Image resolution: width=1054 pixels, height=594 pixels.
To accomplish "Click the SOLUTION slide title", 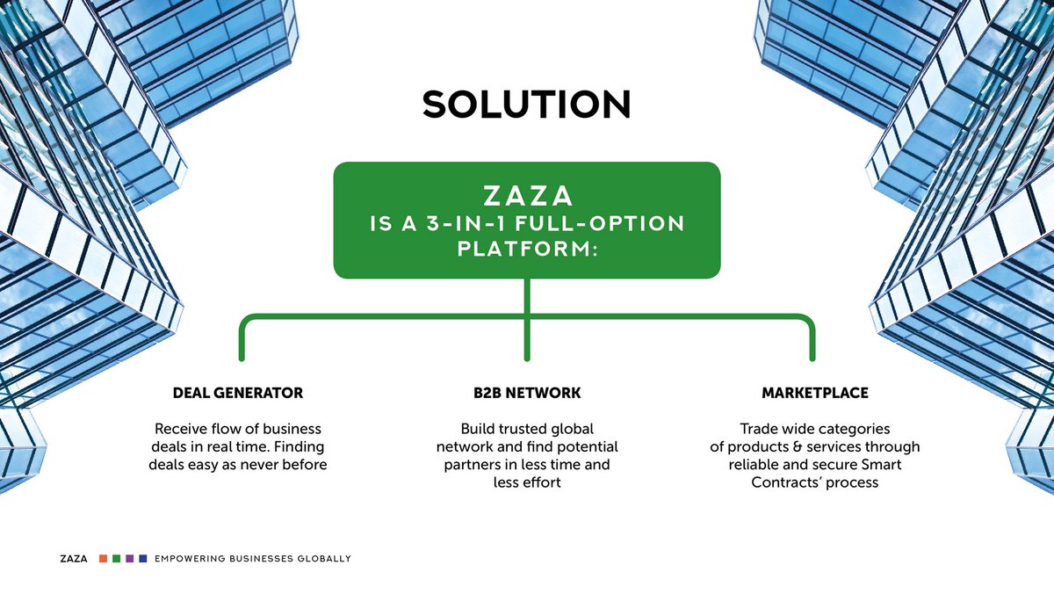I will coord(526,105).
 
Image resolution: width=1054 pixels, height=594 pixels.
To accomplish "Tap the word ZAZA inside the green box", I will coord(526,195).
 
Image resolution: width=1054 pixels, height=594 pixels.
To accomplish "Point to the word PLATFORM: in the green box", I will coord(526,250).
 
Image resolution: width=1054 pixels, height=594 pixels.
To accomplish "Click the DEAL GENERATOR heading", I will coord(238,393).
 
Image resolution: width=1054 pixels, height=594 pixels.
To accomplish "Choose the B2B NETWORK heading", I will coord(526,393).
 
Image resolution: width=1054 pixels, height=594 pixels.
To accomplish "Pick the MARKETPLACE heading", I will coord(815,393).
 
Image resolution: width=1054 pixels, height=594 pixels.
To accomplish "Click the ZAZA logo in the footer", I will coord(74,559).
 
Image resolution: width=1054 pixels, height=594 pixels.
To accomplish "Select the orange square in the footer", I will coord(104,559).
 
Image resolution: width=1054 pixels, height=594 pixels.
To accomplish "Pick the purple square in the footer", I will coord(129,559).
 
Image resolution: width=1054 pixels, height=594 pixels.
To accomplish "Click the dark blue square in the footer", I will coord(142,559).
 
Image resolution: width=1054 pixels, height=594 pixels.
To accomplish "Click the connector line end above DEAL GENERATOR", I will coord(242,355).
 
